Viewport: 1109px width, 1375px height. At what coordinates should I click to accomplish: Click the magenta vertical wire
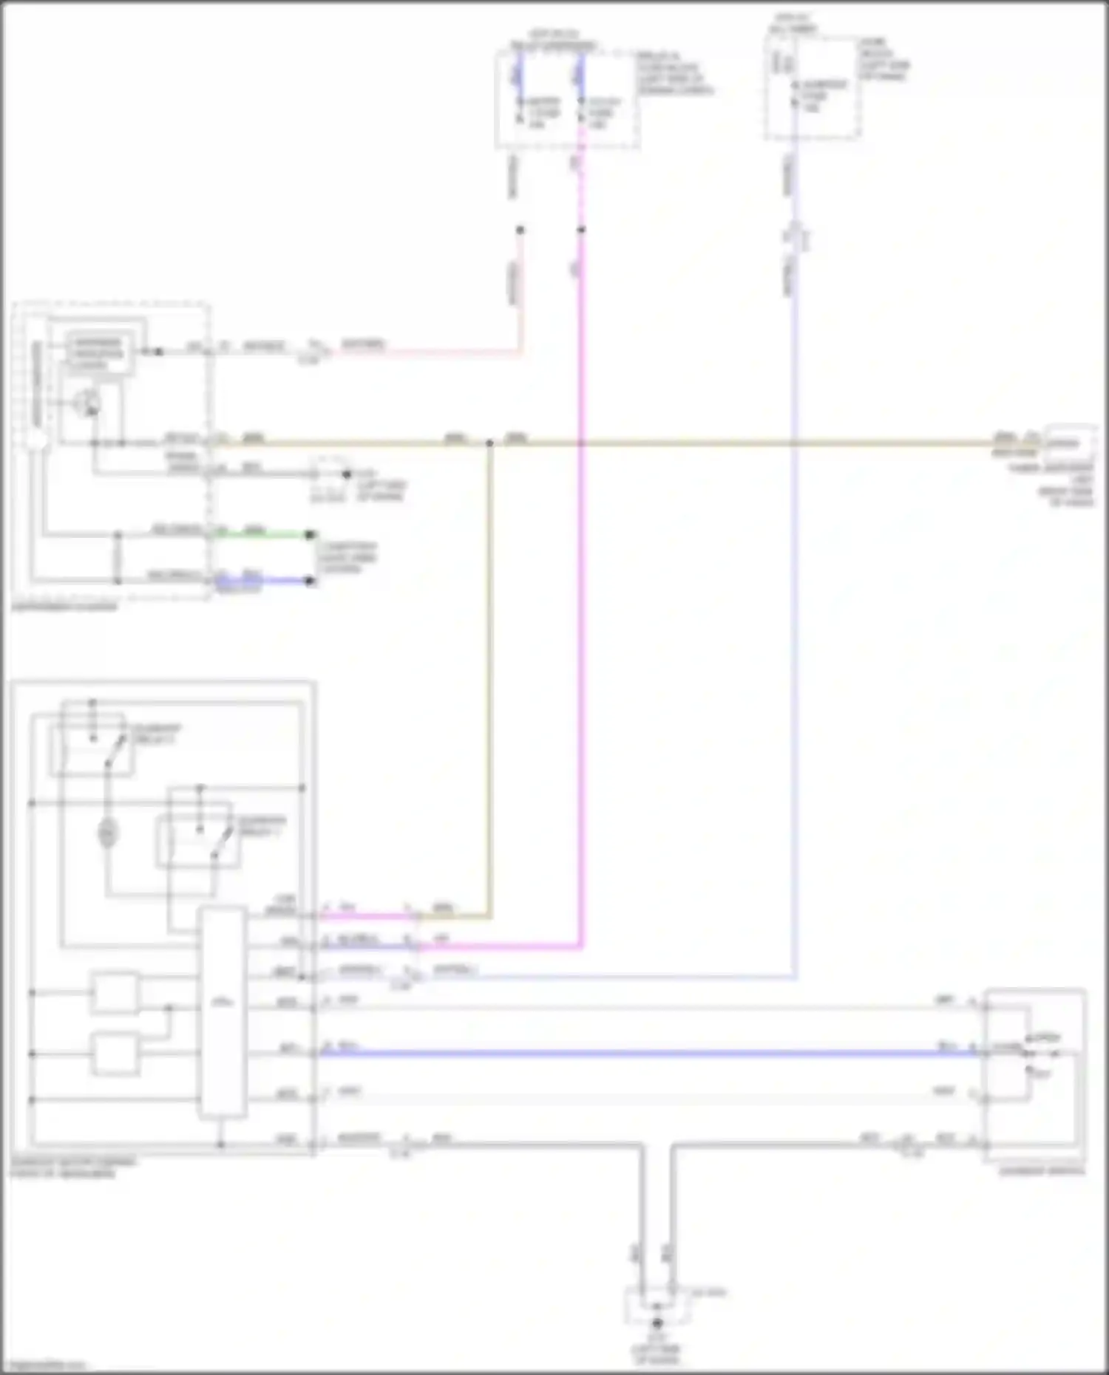pyautogui.click(x=581, y=591)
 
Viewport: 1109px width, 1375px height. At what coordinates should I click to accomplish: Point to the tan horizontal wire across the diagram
pyautogui.click(x=739, y=444)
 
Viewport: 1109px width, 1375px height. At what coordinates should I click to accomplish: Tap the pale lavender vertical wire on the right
pyautogui.click(x=794, y=665)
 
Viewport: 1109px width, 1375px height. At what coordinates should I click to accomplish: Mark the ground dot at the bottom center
pyautogui.click(x=657, y=1323)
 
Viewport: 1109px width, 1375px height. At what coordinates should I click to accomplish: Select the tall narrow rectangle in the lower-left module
pyautogui.click(x=222, y=1013)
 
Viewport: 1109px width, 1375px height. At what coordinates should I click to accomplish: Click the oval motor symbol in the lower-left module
pyautogui.click(x=108, y=834)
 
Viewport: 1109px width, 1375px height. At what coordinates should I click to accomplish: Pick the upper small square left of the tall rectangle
pyautogui.click(x=115, y=993)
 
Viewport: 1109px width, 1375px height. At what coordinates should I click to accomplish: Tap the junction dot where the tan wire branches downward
pyautogui.click(x=489, y=444)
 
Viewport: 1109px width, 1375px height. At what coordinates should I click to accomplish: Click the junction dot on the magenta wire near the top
pyautogui.click(x=581, y=230)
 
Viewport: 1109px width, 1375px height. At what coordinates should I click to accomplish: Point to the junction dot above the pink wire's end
pyautogui.click(x=520, y=230)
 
